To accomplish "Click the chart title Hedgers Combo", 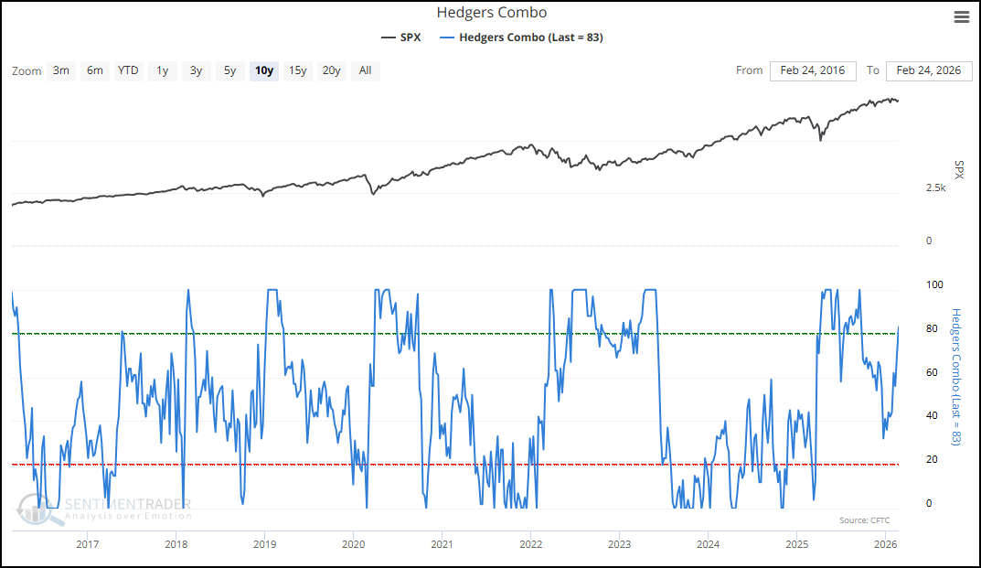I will coord(491,13).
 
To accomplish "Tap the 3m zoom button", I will coord(61,70).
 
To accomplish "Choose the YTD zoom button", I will coord(128,70).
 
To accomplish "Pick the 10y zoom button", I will coord(264,70).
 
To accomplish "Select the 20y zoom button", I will coord(332,70).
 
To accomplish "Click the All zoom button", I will coord(366,70).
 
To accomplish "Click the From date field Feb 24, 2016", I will coord(813,70).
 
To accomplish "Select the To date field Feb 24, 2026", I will coord(929,70).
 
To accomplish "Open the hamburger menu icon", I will coord(961,17).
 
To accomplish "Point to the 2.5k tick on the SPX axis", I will coord(935,188).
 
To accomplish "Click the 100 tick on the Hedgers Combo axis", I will coord(934,285).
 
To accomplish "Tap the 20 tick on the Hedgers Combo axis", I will coord(932,460).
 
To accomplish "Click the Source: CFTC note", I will coord(864,520).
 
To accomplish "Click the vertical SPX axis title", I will coord(958,169).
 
